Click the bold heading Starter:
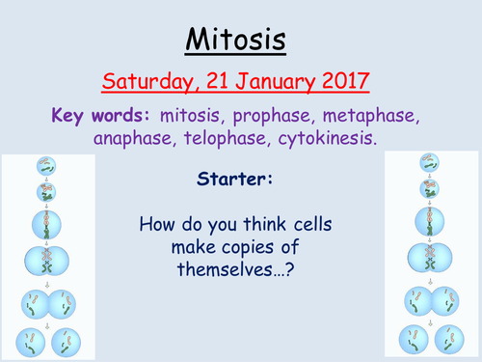240,181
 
